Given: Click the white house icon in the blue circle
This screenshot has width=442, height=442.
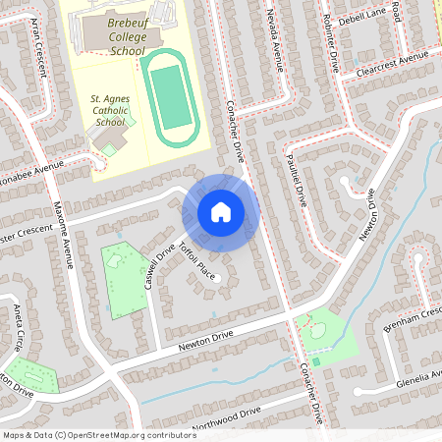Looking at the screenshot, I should [x=221, y=211].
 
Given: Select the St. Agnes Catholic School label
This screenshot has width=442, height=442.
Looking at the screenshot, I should [x=109, y=110].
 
